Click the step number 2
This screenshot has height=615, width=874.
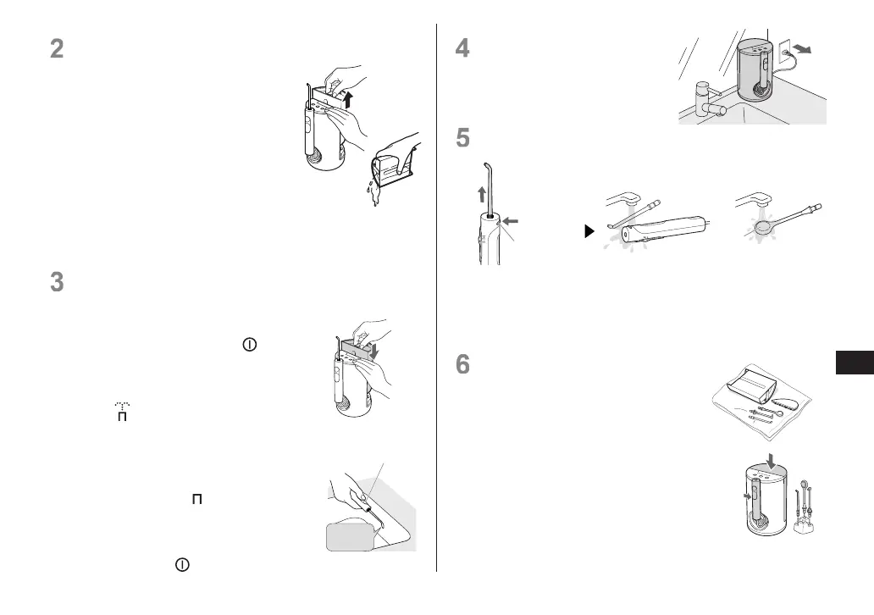coord(57,48)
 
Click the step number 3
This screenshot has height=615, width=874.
coord(57,282)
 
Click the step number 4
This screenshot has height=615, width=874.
coord(462,48)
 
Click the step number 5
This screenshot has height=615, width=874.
coord(462,138)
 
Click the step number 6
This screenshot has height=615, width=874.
coord(462,364)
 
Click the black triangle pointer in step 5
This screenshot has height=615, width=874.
coord(590,230)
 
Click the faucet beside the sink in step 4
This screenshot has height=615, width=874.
coord(705,102)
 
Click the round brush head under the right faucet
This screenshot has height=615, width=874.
coord(763,225)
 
